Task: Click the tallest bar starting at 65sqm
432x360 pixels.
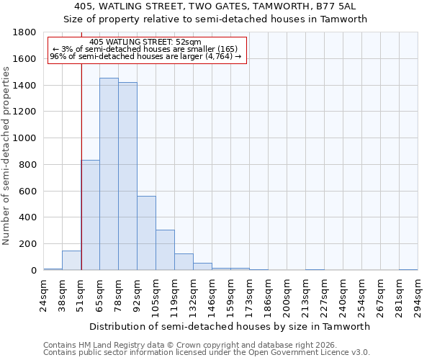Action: tap(109, 174)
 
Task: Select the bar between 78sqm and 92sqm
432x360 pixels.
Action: tap(127, 176)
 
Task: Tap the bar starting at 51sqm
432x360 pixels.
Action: tap(90, 215)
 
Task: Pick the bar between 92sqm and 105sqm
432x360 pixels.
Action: tap(146, 233)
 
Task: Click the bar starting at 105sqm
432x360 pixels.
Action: tap(165, 250)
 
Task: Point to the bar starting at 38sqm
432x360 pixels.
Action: tap(71, 261)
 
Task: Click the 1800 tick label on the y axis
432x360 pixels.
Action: tap(25, 32)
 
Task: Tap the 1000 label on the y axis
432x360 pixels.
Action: tap(25, 138)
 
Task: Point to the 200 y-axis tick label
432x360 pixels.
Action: tap(28, 244)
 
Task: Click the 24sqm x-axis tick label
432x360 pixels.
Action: tap(43, 295)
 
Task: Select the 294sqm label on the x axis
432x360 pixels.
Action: tap(418, 295)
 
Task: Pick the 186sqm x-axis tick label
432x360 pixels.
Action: tap(268, 295)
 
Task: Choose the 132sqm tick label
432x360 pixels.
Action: tap(193, 295)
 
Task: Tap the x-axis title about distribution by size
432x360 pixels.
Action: tap(230, 326)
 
